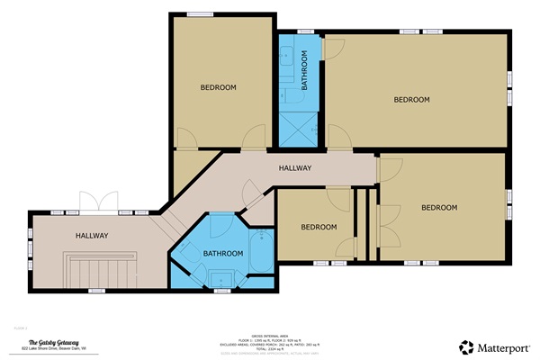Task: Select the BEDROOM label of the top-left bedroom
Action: (x=218, y=87)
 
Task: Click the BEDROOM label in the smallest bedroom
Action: (x=319, y=227)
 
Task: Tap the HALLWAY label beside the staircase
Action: (x=92, y=236)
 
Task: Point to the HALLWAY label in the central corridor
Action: (x=294, y=168)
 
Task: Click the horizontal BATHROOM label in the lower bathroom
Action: (x=223, y=254)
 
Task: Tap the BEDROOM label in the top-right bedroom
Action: (x=412, y=99)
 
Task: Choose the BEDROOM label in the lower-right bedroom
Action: (x=439, y=208)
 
